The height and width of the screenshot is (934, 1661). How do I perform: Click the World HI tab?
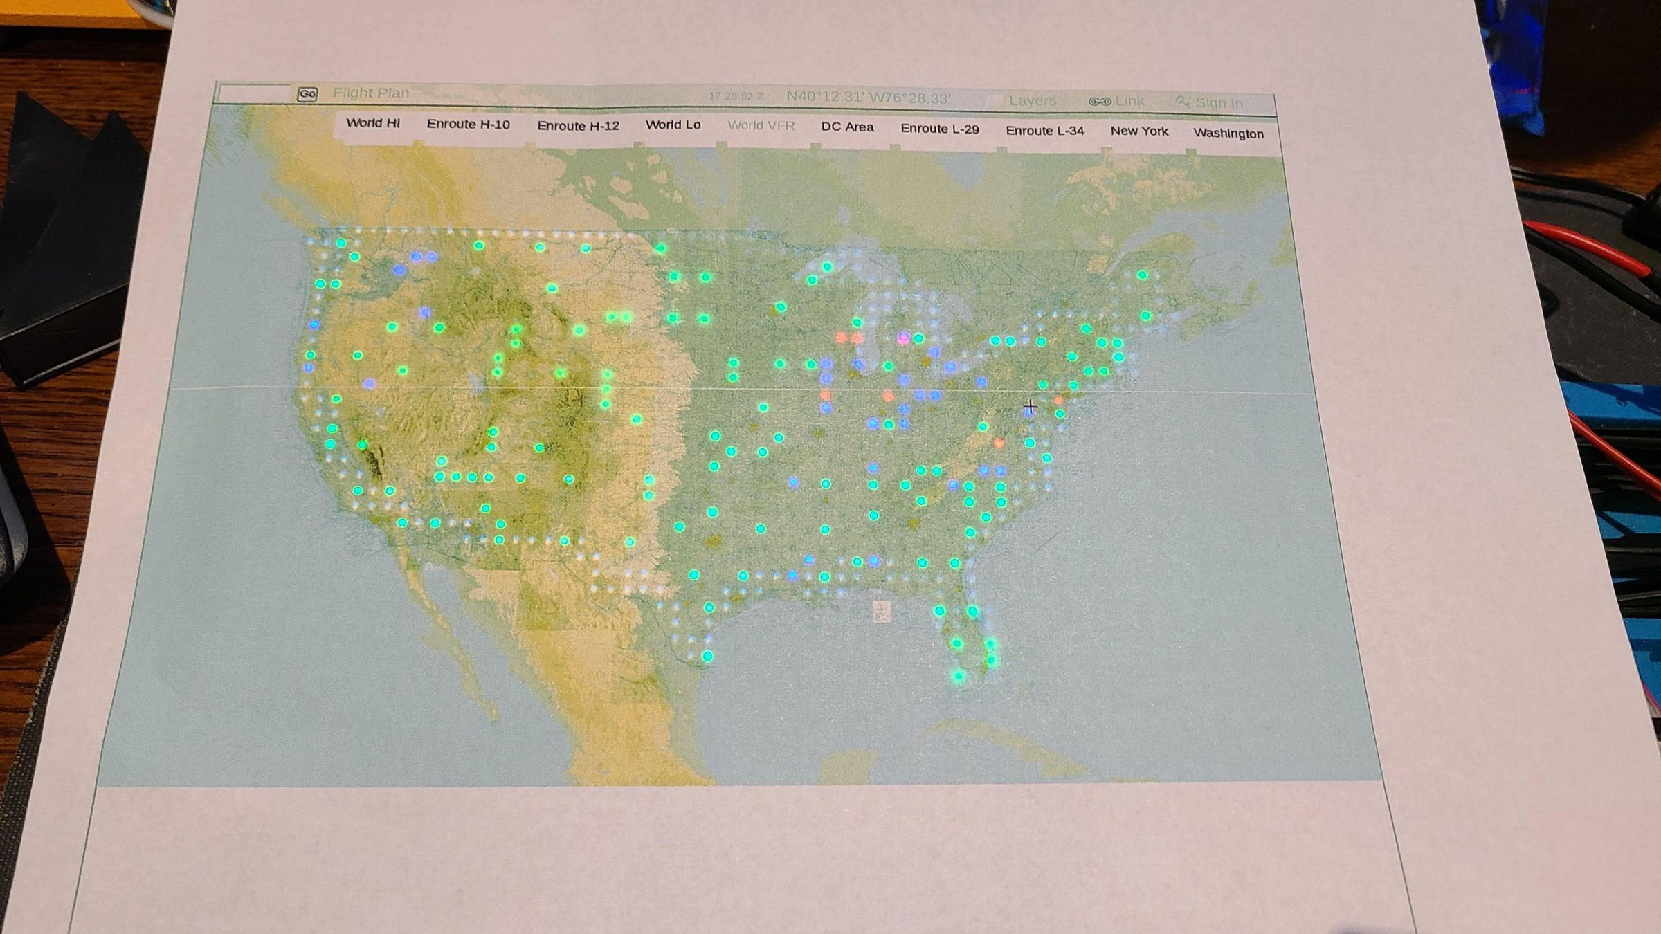tap(373, 123)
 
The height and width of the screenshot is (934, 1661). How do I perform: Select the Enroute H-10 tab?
tap(468, 125)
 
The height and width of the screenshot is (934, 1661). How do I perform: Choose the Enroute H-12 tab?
tap(578, 126)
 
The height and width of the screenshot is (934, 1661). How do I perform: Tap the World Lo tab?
tap(673, 125)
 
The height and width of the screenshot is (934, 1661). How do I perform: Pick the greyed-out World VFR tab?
tap(761, 126)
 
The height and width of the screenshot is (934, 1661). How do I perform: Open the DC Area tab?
tap(847, 127)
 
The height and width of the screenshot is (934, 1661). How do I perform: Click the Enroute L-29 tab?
tap(939, 129)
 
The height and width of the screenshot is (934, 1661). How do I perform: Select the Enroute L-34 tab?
tap(1044, 131)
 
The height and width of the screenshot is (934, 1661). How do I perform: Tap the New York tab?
tap(1139, 131)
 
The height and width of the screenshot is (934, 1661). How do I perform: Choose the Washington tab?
tap(1228, 134)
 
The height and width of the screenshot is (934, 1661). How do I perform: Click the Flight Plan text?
tap(371, 93)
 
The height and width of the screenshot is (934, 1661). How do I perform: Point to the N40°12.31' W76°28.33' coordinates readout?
tap(868, 98)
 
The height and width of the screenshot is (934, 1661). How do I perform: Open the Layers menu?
tap(1031, 101)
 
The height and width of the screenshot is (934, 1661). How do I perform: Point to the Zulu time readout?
tap(735, 97)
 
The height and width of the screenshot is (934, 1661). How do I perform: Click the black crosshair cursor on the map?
tap(1030, 407)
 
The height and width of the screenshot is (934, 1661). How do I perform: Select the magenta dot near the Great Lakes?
tap(903, 338)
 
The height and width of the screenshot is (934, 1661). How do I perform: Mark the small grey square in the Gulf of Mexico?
tap(881, 612)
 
